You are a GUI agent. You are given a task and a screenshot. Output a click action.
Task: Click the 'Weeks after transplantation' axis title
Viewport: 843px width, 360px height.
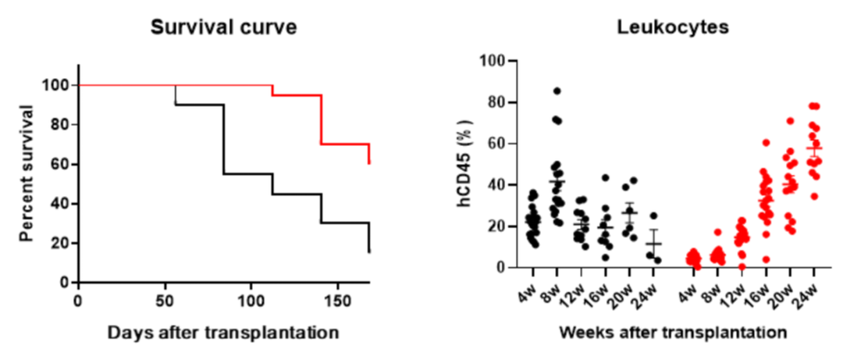click(x=672, y=333)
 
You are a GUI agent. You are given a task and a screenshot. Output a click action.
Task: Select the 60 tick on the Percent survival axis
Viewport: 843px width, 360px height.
click(x=59, y=164)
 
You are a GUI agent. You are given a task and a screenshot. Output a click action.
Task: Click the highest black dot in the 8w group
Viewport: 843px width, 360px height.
click(x=557, y=91)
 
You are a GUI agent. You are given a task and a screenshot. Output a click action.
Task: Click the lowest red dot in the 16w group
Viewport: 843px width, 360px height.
click(x=766, y=259)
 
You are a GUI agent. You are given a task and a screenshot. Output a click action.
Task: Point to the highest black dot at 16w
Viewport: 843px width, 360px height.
click(x=605, y=178)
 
